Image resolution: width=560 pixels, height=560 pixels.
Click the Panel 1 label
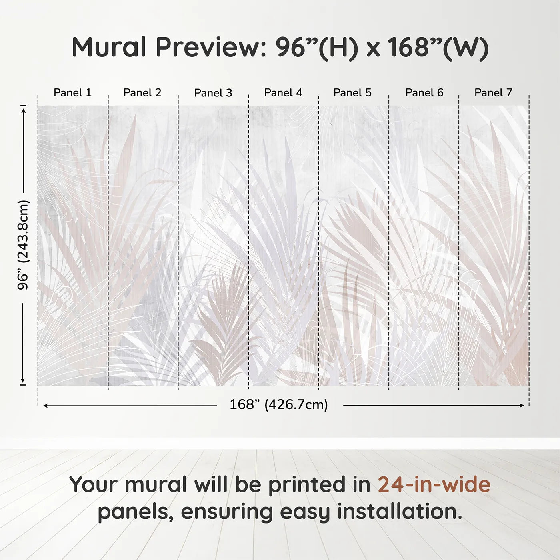point(73,93)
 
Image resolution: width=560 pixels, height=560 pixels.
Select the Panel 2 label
point(142,93)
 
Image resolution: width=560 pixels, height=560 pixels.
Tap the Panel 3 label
point(213,93)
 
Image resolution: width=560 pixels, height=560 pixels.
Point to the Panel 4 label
point(283,93)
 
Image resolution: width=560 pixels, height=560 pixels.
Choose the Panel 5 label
point(352,93)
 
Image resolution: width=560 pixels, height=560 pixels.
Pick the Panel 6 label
point(424,93)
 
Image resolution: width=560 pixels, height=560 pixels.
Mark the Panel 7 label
point(493,93)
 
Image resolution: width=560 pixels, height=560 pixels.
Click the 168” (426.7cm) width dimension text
point(279,404)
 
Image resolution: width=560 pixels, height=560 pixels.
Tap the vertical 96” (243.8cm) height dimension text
point(23,245)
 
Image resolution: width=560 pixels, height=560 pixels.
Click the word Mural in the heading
point(109,47)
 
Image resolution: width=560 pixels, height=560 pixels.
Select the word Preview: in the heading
point(211,47)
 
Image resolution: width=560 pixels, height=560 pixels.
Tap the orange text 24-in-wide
point(434,484)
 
